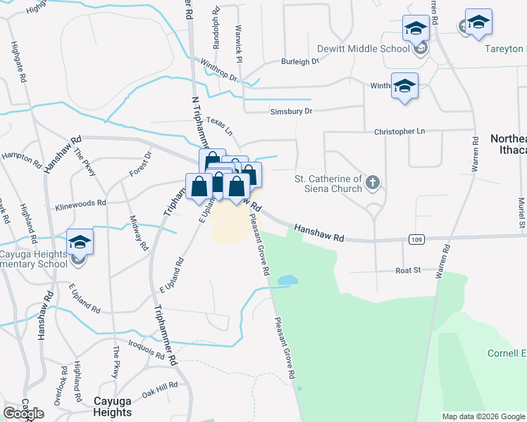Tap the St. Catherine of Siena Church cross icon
[x=373, y=184]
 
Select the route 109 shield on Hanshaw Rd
[x=415, y=241]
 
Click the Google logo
[x=23, y=414]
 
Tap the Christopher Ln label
[x=399, y=132]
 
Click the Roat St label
[x=407, y=269]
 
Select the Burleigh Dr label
[x=300, y=62]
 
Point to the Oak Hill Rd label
[x=160, y=388]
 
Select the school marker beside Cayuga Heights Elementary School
[x=80, y=243]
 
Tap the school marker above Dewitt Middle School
[x=416, y=29]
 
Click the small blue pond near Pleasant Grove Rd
[x=287, y=281]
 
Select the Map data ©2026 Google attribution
[x=483, y=416]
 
